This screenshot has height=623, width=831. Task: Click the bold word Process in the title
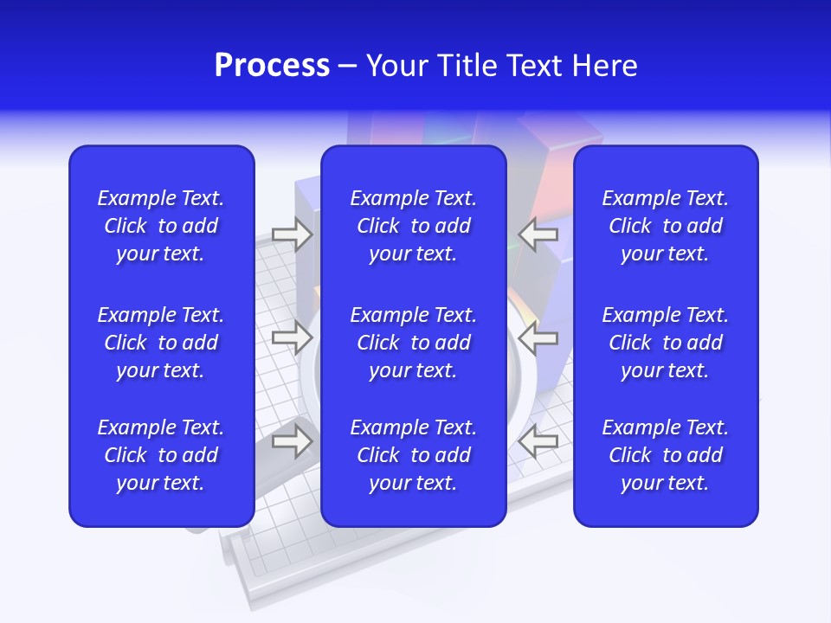(272, 66)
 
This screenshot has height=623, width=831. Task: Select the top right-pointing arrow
(292, 234)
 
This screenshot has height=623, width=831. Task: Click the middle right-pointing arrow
(292, 337)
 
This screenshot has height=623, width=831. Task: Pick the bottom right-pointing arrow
(292, 441)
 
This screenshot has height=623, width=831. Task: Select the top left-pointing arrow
(538, 234)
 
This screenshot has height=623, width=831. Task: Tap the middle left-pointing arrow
(538, 337)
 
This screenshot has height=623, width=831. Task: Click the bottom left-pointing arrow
(538, 441)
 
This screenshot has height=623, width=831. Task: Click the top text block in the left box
(161, 226)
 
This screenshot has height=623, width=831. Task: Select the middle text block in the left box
(161, 343)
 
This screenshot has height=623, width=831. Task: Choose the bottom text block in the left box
(161, 455)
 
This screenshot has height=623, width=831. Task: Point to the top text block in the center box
(413, 226)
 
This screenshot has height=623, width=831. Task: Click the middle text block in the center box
(413, 343)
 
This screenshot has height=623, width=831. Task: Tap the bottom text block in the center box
(413, 455)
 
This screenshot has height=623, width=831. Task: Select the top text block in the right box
(665, 226)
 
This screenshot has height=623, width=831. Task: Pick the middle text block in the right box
(665, 343)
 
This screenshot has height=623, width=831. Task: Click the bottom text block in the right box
(665, 455)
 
